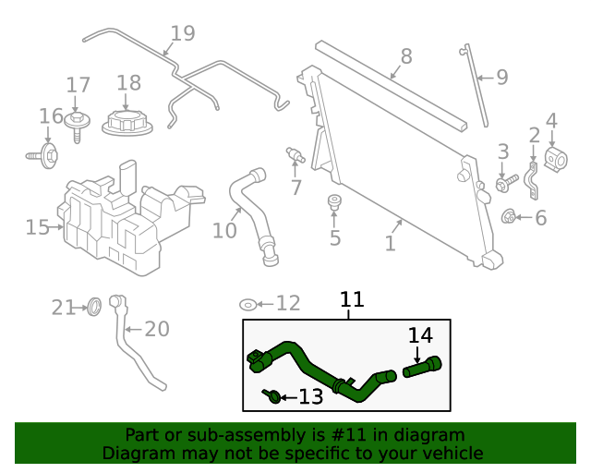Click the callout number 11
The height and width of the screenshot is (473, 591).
(x=352, y=299)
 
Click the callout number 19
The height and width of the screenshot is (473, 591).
(x=183, y=34)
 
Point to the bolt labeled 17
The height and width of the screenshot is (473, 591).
(x=76, y=121)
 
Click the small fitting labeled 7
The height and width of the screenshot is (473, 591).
(x=295, y=152)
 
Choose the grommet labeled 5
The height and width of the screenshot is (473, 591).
(x=335, y=201)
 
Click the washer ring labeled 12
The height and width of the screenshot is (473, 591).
(x=248, y=304)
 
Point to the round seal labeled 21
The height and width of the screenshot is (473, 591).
(x=93, y=307)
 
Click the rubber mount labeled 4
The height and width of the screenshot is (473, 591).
(x=555, y=158)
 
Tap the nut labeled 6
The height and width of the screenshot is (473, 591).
(x=508, y=218)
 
